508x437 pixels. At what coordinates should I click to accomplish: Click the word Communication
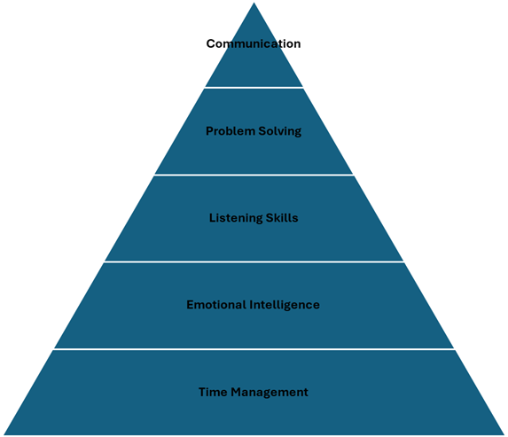coord(254,43)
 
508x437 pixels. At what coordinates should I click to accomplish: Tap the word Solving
coord(280,131)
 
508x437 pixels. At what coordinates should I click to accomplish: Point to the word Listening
coord(236,218)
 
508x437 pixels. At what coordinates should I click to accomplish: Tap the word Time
coord(213,392)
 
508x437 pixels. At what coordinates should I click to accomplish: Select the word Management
coord(270,393)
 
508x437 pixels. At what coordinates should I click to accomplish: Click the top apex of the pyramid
coord(254,3)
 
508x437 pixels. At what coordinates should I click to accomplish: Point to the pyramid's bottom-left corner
coord(4,434)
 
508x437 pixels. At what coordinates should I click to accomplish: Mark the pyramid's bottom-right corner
coord(504,434)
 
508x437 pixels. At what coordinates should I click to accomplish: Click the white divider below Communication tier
coord(254,88)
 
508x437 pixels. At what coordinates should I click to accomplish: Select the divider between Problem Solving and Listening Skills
coord(254,175)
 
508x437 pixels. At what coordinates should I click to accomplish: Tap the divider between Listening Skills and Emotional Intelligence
coord(254,261)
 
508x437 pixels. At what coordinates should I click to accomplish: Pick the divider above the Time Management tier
coord(254,349)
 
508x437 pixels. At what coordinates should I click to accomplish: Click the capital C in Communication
coord(211,43)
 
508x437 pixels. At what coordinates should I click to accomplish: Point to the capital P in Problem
coord(209,131)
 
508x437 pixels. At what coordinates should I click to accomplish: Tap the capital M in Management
coord(236,392)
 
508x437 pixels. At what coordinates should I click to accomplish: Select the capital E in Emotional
coord(190,305)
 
